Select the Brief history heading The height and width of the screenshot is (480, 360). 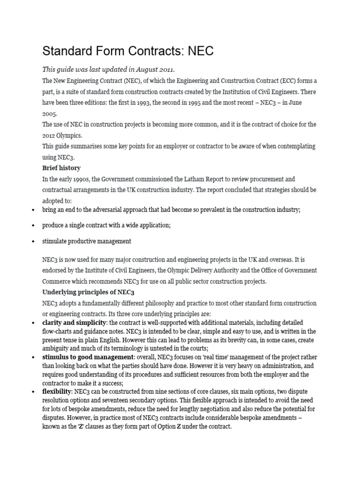[x=61, y=168]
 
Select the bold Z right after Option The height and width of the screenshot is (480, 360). [x=179, y=427]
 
